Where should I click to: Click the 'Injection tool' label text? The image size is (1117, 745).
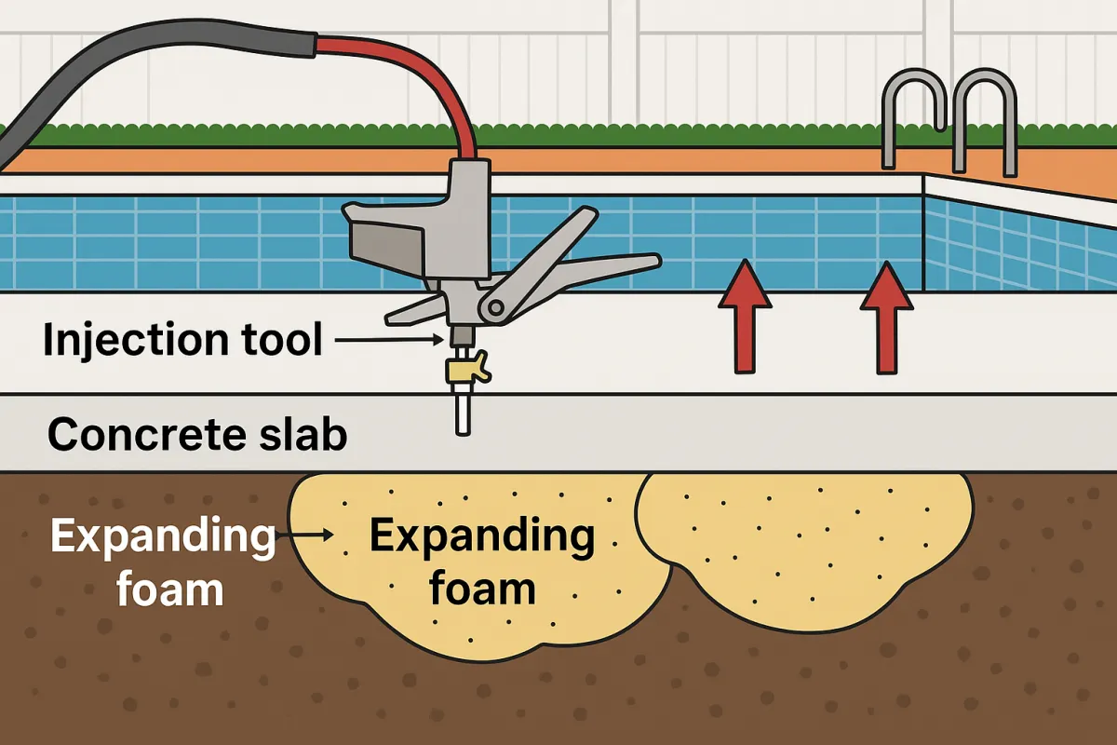tap(182, 341)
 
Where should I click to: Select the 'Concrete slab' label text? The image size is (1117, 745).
tap(197, 434)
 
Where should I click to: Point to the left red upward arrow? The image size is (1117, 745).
tap(745, 317)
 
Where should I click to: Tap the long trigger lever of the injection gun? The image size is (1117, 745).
tap(596, 270)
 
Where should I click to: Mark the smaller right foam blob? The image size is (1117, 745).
tap(801, 545)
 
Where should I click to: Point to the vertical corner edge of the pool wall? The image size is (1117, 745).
tap(922, 233)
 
